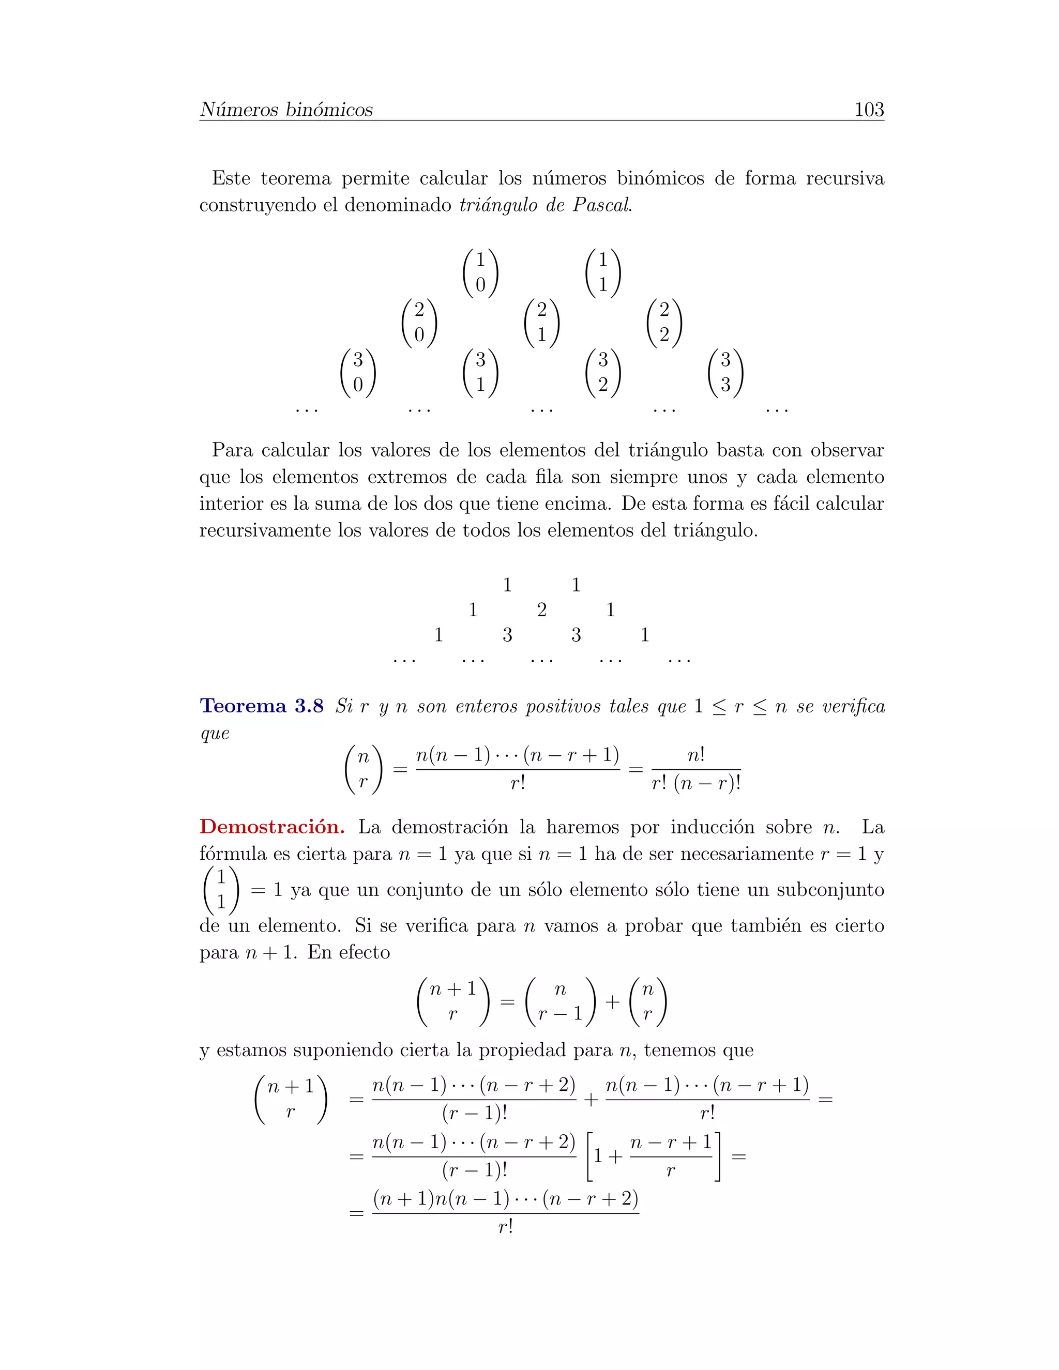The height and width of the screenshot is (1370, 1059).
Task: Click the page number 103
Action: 868,110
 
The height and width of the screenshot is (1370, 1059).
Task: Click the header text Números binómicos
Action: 286,110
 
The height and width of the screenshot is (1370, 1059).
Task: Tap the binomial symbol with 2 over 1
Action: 541,322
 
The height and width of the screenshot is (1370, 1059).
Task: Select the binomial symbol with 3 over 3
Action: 725,373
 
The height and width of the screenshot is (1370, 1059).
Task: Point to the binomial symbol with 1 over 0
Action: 480,272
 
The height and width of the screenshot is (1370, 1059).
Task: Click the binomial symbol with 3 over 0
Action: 358,373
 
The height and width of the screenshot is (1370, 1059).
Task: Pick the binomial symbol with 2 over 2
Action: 664,322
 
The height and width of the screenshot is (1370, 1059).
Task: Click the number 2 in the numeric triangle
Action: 541,610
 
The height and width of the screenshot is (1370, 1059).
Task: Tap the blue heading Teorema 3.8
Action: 262,706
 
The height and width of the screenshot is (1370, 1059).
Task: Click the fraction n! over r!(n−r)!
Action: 696,770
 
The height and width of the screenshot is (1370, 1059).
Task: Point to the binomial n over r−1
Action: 560,1001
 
